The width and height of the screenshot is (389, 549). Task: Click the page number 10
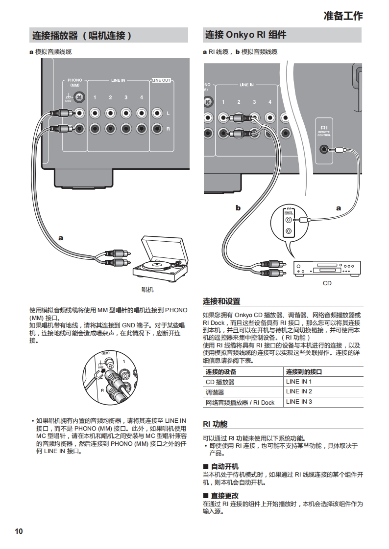19,531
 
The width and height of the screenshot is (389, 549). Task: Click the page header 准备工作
343,16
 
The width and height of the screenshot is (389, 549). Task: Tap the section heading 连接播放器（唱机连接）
82,36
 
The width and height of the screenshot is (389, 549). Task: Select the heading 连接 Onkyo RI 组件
245,35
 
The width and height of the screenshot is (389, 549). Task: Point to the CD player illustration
327,269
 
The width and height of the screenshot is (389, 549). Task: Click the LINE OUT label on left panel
161,80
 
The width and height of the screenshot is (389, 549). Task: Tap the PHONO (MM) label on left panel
75,82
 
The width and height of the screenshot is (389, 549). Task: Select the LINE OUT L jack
157,114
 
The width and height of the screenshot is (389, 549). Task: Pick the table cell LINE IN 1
299,382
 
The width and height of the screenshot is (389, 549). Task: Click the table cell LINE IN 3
299,402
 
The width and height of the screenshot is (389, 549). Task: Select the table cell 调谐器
215,392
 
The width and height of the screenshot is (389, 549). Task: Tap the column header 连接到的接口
304,372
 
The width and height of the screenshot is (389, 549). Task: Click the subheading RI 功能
215,424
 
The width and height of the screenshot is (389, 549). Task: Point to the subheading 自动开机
224,466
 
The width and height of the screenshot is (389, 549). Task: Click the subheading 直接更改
224,496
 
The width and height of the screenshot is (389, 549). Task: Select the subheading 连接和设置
221,301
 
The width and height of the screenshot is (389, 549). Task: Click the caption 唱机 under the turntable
147,290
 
